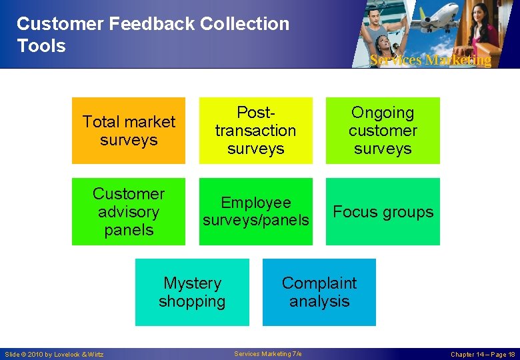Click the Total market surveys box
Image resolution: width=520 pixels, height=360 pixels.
(x=129, y=131)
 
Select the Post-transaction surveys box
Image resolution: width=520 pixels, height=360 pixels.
(x=255, y=131)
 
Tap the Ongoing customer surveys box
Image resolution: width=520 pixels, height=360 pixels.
(x=383, y=131)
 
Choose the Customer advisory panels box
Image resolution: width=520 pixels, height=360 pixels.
(x=129, y=211)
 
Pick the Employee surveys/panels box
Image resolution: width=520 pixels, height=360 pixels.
(x=255, y=211)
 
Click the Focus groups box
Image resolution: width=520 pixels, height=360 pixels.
(x=383, y=211)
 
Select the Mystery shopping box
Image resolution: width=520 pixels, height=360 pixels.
(x=192, y=292)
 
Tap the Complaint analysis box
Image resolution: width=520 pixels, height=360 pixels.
(x=319, y=292)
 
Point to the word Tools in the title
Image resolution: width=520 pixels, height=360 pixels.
(x=41, y=46)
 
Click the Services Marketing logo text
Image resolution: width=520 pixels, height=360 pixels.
(x=431, y=60)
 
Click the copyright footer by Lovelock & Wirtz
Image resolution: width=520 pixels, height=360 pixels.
(x=54, y=354)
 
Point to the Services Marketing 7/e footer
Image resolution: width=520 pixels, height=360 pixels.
(x=268, y=353)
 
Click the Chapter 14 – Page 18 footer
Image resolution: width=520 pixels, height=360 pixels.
(x=483, y=354)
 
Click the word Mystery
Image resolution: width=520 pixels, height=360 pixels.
(x=192, y=283)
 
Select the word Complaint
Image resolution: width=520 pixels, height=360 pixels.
(x=319, y=283)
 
